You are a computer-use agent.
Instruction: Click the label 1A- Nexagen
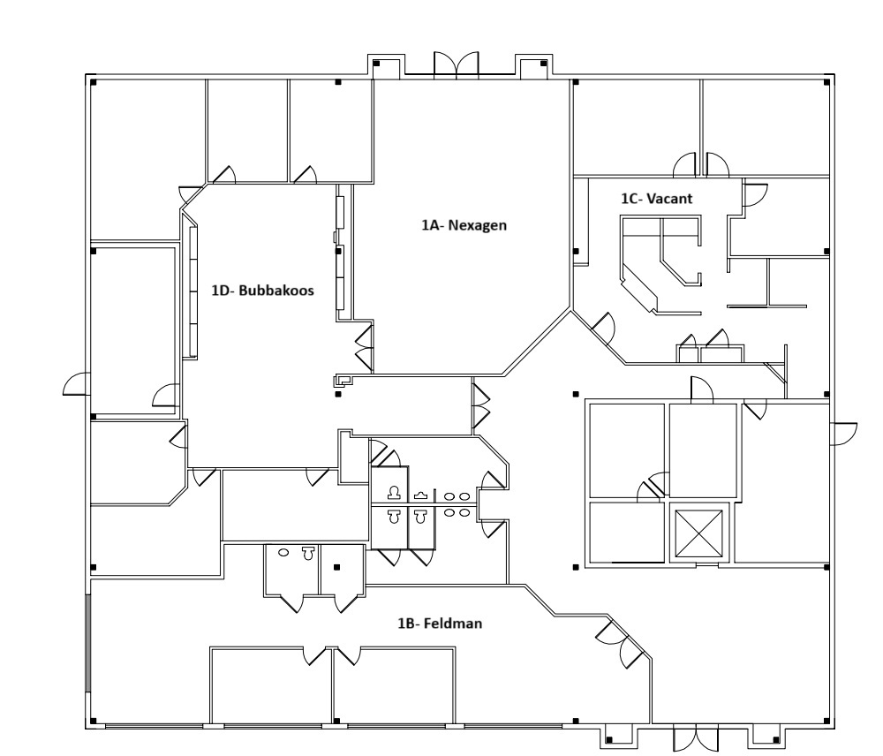464,225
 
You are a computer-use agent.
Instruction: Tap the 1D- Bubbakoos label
262,291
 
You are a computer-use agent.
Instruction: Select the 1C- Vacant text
657,199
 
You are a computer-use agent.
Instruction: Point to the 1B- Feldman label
440,624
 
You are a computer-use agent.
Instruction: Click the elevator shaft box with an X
698,533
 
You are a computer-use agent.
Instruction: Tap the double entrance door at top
457,63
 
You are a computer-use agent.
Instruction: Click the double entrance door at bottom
696,737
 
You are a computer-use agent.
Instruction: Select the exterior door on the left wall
76,383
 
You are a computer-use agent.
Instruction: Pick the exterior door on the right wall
843,434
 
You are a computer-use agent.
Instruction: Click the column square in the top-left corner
94,82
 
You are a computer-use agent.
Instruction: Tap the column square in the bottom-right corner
826,721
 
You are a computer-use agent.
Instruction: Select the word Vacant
669,199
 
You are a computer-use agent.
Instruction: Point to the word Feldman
453,624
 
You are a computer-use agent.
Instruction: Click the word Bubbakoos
275,291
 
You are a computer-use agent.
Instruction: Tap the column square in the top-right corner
826,82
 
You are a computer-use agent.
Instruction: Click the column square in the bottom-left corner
94,721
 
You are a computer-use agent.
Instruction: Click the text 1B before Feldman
406,624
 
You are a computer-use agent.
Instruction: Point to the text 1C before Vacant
630,199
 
